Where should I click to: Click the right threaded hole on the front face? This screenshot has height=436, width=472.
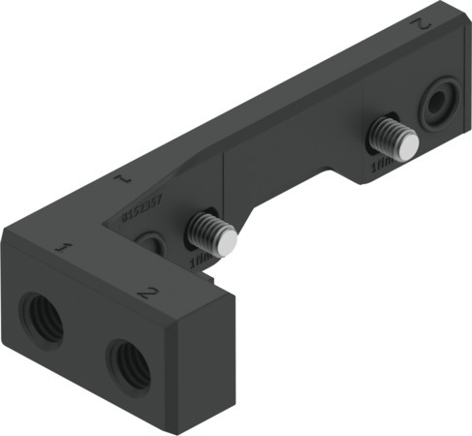click(127, 361)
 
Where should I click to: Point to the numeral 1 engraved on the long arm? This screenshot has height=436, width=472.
click(121, 179)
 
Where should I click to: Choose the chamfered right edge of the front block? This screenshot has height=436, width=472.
click(234, 354)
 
